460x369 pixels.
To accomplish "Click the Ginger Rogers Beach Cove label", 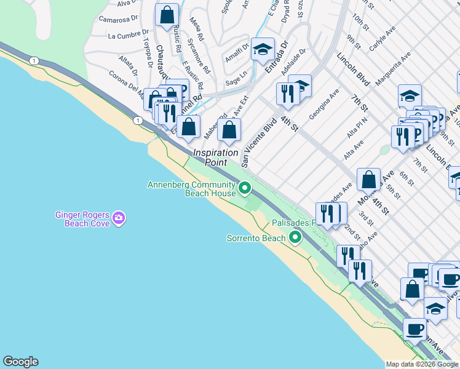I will (x=82, y=219).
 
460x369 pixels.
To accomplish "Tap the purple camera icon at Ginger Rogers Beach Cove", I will (x=119, y=217).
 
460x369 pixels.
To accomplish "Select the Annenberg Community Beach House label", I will (x=191, y=189).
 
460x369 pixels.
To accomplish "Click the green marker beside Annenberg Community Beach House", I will (x=245, y=187).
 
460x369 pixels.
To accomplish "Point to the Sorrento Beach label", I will (x=256, y=238).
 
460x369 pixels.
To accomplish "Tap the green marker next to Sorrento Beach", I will (x=295, y=237).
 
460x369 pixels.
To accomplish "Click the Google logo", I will (x=20, y=362).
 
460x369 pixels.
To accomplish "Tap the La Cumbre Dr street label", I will (x=128, y=35).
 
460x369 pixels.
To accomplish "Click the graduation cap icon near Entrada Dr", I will (x=263, y=50).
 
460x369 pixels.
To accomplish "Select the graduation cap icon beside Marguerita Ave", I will (x=410, y=96).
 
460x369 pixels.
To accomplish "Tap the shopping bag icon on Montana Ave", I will (x=368, y=180).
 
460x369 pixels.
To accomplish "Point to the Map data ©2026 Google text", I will (x=422, y=364).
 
